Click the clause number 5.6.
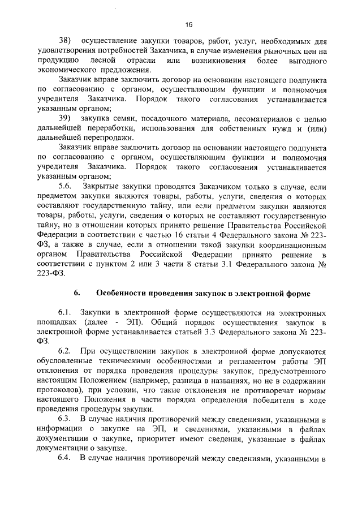(x=66, y=186)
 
